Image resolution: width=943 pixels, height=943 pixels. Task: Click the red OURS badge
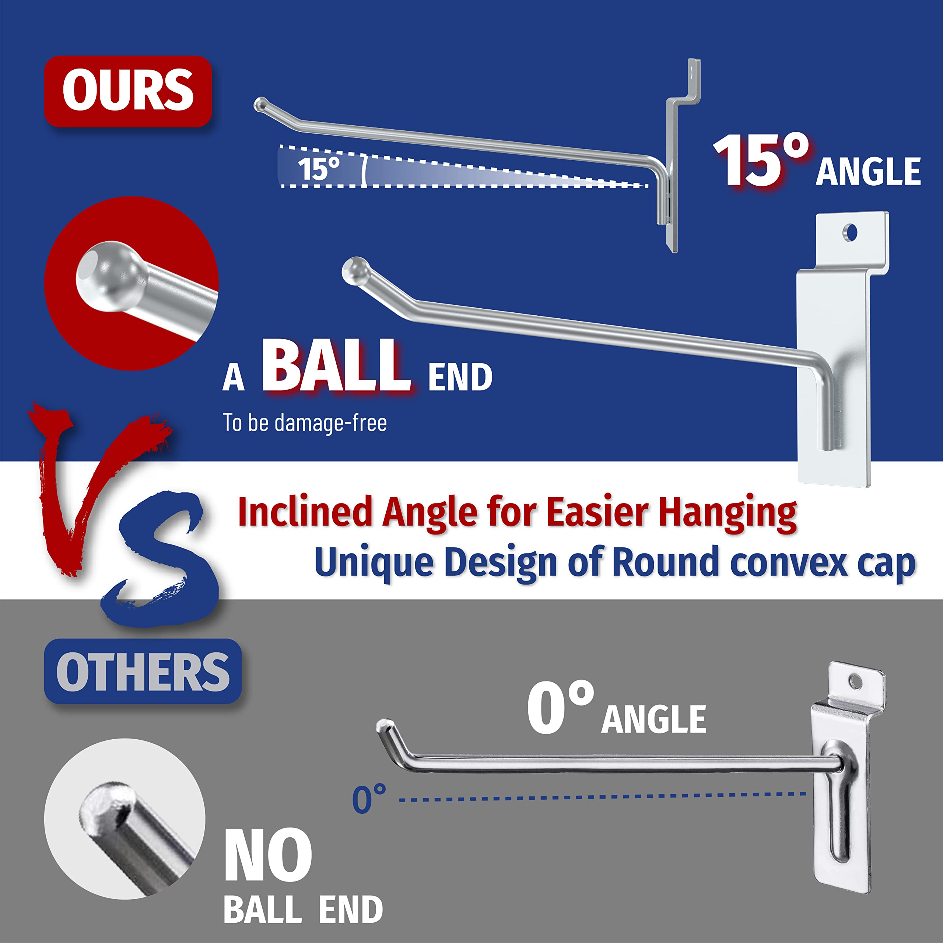pos(128,91)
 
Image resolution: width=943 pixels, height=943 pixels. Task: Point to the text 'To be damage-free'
pos(305,422)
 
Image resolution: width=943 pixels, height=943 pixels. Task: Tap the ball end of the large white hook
pos(354,270)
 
